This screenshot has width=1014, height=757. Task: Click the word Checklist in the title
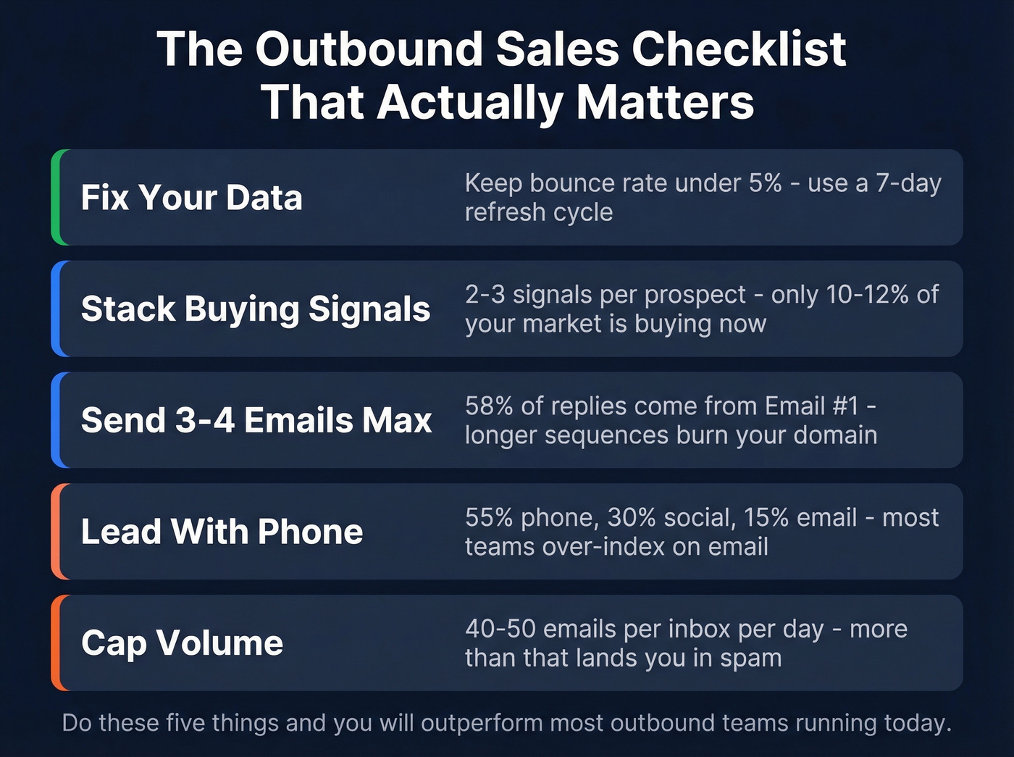click(738, 49)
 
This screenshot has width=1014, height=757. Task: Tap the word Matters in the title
click(665, 102)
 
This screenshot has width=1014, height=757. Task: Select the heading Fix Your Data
click(191, 198)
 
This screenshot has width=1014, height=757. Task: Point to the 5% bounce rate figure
click(765, 183)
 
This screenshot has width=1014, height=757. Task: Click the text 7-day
click(908, 183)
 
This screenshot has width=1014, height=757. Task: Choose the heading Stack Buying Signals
click(256, 309)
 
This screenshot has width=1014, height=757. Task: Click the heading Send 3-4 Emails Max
click(256, 420)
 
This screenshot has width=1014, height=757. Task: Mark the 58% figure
click(489, 406)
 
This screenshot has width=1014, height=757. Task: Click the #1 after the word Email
click(845, 406)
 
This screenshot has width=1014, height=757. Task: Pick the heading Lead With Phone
click(222, 532)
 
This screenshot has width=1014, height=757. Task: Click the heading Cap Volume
click(182, 643)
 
